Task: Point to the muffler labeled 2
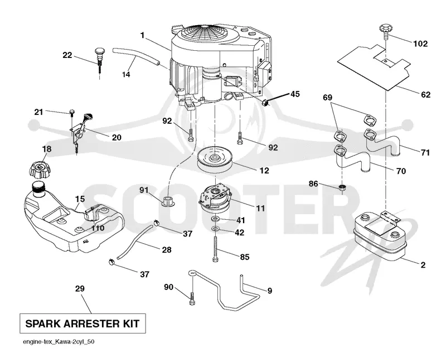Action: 379,235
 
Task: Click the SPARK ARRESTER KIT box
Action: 83,324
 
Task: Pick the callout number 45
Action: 295,94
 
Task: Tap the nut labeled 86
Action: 342,187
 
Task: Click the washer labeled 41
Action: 215,219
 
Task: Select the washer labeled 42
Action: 215,229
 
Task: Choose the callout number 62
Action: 426,94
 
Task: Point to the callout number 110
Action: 98,228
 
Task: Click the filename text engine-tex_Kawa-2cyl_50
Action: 59,341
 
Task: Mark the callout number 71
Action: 425,152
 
